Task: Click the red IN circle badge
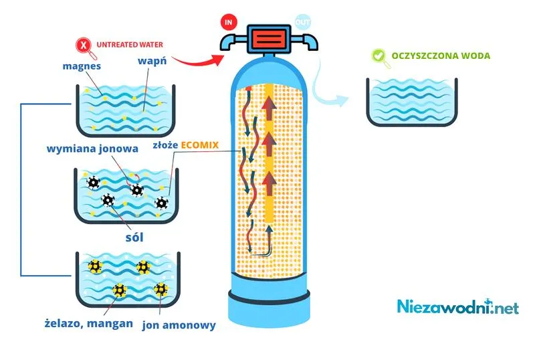point(228,22)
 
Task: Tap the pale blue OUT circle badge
point(302,22)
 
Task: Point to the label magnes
point(82,66)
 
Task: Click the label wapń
point(152,62)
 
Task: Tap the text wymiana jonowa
point(92,149)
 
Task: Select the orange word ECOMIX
point(199,145)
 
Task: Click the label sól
point(134,237)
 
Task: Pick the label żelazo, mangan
point(89,323)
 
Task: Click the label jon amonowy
point(179,325)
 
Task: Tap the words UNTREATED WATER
point(130,45)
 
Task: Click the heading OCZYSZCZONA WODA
point(441,56)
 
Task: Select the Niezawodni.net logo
point(457,306)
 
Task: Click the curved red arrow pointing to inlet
point(198,62)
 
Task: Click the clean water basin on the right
point(412,102)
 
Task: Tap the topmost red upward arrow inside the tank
point(269,108)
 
